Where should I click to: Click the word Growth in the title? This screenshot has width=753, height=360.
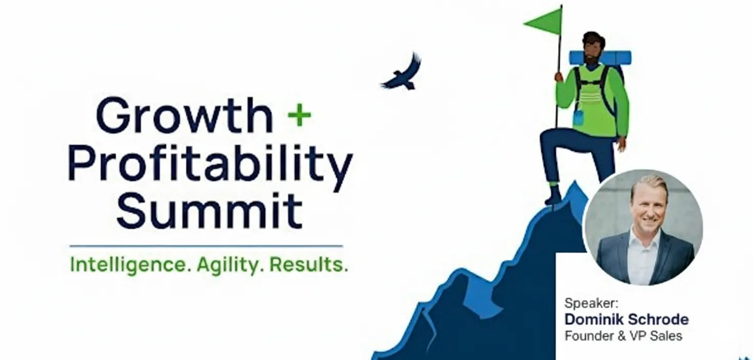[184, 117]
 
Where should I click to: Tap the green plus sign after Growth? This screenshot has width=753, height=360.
[299, 116]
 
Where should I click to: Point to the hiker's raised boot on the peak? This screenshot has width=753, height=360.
[553, 196]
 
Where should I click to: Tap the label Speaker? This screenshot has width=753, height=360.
[584, 303]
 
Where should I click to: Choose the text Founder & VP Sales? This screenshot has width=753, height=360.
[623, 336]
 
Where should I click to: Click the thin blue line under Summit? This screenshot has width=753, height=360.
[206, 246]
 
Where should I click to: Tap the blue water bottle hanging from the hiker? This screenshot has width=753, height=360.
[579, 118]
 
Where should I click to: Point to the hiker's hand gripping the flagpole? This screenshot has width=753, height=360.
[559, 77]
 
